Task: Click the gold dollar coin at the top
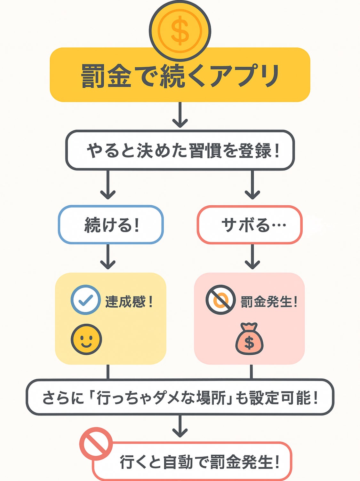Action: (x=180, y=31)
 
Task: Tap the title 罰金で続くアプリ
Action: (x=180, y=76)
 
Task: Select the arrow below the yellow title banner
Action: (x=180, y=115)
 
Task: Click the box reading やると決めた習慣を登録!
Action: (x=180, y=150)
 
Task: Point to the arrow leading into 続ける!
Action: (x=108, y=185)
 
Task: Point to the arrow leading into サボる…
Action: (x=252, y=185)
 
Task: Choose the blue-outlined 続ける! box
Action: (x=111, y=225)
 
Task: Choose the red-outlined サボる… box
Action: (x=250, y=225)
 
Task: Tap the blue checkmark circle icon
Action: (x=85, y=300)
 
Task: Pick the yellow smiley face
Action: (x=86, y=339)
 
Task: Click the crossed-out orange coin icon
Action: (x=220, y=300)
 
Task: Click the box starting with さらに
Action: (x=180, y=397)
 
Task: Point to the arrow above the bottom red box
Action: (x=180, y=426)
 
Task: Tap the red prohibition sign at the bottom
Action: (x=96, y=443)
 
